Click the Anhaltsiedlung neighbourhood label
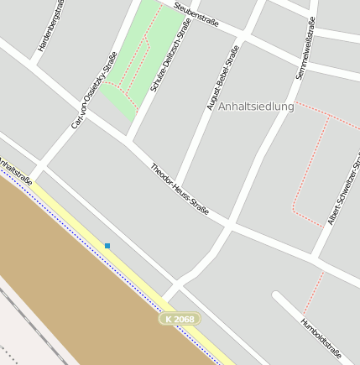(256, 107)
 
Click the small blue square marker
(107, 246)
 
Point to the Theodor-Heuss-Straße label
(179, 189)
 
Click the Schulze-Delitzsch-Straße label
(170, 55)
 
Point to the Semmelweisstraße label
(305, 49)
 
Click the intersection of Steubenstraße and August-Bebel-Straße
(243, 35)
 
